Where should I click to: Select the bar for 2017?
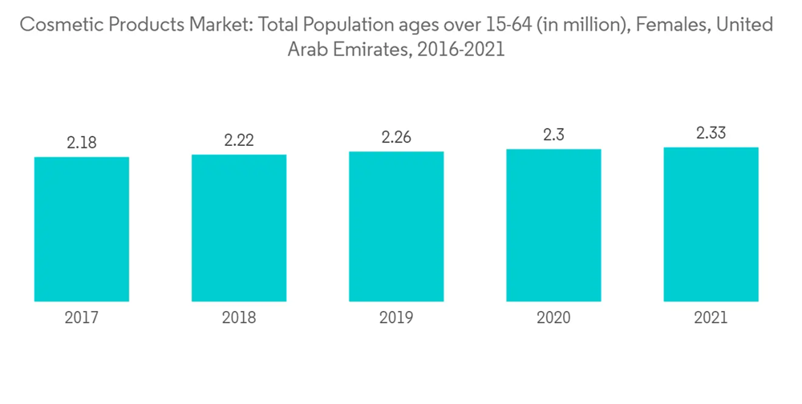(82, 229)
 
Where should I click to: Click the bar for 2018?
(239, 228)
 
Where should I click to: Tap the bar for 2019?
(396, 226)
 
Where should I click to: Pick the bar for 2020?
(553, 225)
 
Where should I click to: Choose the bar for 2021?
(711, 224)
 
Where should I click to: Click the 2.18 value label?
(82, 142)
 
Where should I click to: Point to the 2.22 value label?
(239, 139)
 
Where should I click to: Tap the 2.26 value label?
(396, 137)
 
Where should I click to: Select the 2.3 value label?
(553, 135)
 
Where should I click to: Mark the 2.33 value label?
(711, 133)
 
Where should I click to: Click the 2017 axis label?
(82, 318)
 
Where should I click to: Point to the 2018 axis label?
(239, 318)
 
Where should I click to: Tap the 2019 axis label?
(396, 318)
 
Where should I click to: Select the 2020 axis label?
(553, 318)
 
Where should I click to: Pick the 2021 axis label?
(711, 318)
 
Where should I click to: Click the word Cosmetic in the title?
(55, 25)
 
